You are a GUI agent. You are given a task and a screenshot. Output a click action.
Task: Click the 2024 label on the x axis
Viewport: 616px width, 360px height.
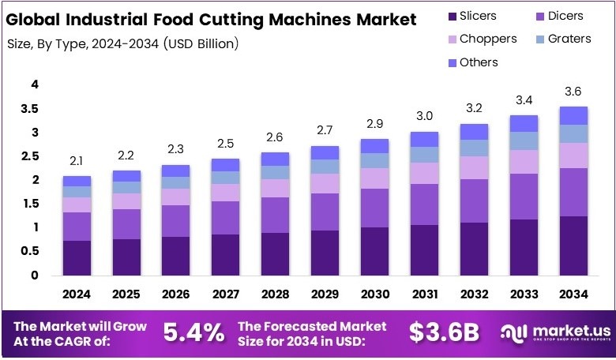pos(77,294)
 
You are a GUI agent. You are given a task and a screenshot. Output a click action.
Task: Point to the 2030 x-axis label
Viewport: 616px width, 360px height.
pos(374,294)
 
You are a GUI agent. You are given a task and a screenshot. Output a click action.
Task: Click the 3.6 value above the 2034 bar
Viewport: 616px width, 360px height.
pos(573,91)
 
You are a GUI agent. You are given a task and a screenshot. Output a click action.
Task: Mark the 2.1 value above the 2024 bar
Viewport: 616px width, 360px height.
pos(77,161)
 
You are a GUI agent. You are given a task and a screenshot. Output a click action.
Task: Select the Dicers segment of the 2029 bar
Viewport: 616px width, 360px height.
pos(325,212)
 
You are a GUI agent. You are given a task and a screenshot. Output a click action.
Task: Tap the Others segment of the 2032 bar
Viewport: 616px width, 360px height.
pos(474,132)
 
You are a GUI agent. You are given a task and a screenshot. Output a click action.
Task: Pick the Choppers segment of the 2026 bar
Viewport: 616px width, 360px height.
pos(176,197)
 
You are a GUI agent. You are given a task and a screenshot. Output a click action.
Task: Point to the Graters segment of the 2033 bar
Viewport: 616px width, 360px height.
pos(524,141)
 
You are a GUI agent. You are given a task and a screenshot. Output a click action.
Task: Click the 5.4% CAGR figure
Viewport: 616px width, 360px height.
pos(193,333)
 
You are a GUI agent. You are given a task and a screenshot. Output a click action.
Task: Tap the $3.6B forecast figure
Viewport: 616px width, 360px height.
pos(444,333)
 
